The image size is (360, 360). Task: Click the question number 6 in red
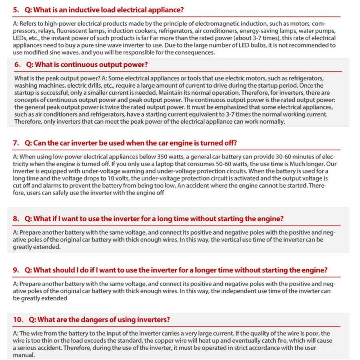(x=16, y=64)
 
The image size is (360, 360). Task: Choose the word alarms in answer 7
(x=46, y=186)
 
